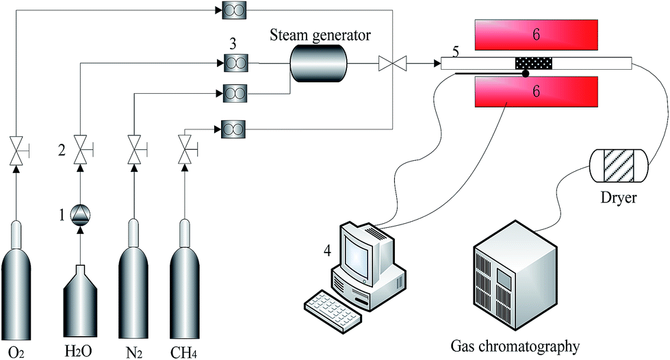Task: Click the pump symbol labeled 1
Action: tap(81, 216)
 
